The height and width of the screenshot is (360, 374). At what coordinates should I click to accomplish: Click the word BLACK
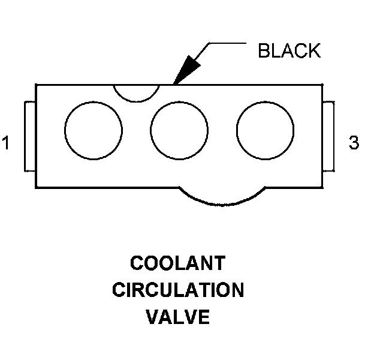tap(289, 50)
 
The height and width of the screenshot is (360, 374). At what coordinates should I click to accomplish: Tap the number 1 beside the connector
tap(7, 144)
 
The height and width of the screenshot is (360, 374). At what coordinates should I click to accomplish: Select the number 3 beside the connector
tap(354, 143)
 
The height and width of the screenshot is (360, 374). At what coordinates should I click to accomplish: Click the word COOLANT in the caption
tap(178, 263)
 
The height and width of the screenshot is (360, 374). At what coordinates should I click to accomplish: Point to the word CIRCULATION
tap(178, 290)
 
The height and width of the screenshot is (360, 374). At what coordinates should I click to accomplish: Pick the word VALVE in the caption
tap(178, 317)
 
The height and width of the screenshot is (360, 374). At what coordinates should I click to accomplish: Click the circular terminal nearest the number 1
tap(93, 131)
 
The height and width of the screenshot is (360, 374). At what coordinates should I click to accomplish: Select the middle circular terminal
tap(179, 131)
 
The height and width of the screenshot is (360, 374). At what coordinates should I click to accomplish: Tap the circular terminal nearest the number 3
tap(265, 131)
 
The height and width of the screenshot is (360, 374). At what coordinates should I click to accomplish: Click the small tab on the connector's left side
tap(30, 136)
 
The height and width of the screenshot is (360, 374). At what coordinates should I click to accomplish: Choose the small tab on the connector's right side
tap(328, 136)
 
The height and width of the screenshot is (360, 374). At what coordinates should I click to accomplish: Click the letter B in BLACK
tap(264, 50)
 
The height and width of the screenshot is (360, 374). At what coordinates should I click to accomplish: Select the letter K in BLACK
tap(314, 50)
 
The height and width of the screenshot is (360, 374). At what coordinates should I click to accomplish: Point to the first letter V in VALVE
tap(152, 317)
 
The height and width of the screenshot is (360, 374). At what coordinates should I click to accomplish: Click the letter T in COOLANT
tap(219, 263)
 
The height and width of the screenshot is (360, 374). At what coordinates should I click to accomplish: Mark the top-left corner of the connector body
tap(36, 85)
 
